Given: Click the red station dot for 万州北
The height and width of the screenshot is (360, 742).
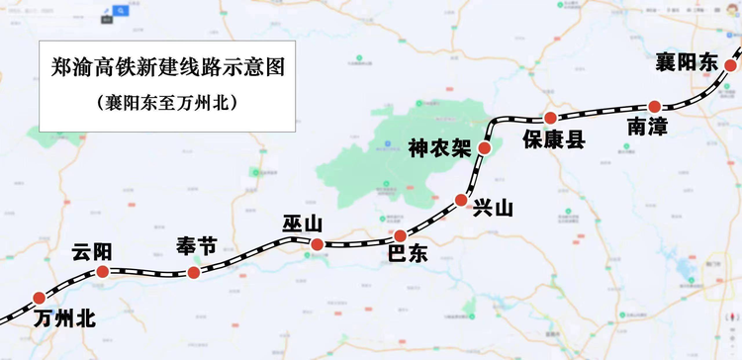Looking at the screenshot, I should (39, 298).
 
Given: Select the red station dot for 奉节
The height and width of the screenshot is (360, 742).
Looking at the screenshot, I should (194, 272).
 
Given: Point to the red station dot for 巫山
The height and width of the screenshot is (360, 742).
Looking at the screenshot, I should (316, 245).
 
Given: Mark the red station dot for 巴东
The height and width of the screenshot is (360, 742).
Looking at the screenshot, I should (400, 235).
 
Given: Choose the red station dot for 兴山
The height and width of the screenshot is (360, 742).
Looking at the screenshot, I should (461, 201).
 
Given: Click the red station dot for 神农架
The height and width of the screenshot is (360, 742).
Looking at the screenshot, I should (484, 148).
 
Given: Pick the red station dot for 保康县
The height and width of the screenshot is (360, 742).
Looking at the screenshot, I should (551, 119).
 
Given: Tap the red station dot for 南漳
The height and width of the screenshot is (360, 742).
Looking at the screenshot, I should (654, 106).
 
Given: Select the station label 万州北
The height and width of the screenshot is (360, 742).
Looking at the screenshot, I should (63, 319).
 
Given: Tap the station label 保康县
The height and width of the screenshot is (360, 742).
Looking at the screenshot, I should (554, 140).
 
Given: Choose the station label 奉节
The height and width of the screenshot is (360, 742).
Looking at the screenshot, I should (195, 247).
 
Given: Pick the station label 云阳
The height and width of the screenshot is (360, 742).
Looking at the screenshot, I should (92, 251).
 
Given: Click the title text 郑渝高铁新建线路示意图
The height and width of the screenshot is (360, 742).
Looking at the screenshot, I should (167, 68).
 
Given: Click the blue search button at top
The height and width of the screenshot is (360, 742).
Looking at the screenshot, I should (121, 11).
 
